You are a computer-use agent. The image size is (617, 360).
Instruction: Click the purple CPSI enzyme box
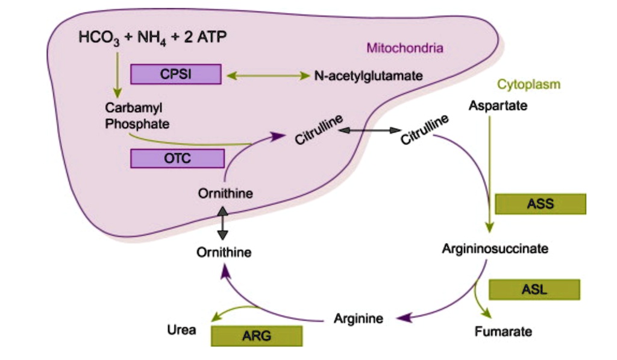click(175, 75)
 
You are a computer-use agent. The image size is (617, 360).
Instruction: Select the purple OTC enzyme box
click(177, 159)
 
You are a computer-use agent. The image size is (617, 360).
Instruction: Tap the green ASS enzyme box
click(540, 204)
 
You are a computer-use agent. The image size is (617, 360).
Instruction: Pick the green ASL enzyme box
click(534, 289)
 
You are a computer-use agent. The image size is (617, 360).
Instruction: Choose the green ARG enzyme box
click(256, 336)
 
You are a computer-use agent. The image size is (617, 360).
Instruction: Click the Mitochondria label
click(405, 48)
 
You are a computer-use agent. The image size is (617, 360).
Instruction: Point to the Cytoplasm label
click(528, 84)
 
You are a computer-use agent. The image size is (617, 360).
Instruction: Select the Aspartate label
click(498, 106)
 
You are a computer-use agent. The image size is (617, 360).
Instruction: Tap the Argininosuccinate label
click(495, 248)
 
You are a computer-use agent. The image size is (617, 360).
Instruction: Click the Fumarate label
click(503, 332)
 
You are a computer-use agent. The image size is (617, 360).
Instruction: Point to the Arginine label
click(359, 318)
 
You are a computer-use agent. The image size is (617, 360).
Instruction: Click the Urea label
click(181, 330)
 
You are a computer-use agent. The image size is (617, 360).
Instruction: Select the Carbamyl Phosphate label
click(137, 116)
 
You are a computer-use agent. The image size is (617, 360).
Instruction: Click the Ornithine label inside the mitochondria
click(225, 194)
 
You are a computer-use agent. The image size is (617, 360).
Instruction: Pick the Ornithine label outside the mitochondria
click(224, 252)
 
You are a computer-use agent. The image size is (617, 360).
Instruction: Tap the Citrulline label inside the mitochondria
click(319, 130)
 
